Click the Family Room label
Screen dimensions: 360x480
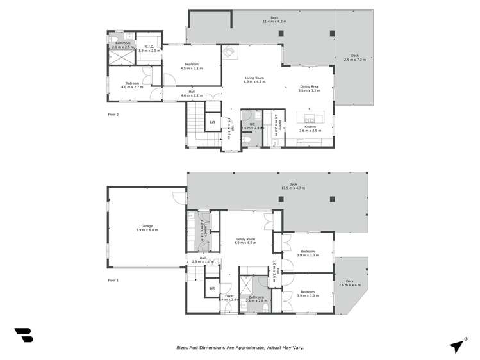click(x=245, y=241)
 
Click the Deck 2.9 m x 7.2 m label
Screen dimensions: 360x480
click(x=354, y=57)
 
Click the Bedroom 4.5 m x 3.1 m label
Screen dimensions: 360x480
click(x=191, y=66)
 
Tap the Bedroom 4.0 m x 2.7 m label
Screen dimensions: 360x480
click(x=133, y=85)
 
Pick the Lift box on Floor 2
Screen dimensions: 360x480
click(x=212, y=122)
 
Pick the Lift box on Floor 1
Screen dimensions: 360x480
click(x=212, y=288)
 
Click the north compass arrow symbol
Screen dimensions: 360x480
click(x=456, y=345)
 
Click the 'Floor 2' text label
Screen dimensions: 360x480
click(x=113, y=114)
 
